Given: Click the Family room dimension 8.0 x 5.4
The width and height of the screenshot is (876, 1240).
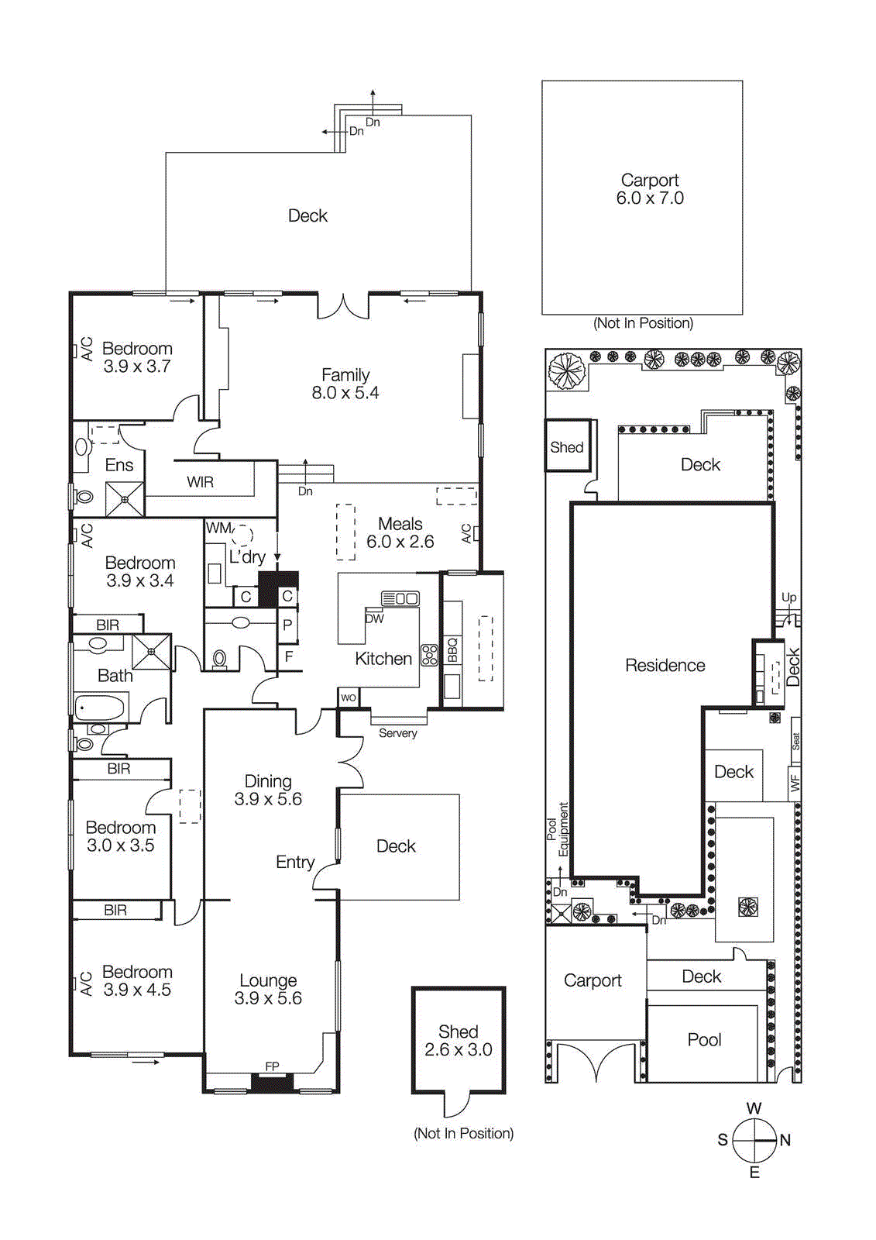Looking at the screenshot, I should coord(345,393).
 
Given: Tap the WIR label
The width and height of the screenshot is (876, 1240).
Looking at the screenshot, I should coord(200,482).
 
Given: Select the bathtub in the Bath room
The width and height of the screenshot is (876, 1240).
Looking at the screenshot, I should coord(100,708).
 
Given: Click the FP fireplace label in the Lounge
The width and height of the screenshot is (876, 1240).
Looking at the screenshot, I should coord(272,1066).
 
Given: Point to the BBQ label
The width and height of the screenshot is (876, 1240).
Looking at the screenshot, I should coord(452,649).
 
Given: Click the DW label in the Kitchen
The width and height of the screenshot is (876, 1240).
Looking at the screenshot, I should coord(374,618).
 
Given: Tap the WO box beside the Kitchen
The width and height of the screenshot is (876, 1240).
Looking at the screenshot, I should coord(349,697).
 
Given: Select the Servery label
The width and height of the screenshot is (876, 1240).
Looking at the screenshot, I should coord(397,733).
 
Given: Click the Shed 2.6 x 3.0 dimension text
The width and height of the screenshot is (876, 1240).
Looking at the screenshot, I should coord(458,1050).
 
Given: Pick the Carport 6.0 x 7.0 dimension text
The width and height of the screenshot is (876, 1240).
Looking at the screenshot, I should coord(650,198).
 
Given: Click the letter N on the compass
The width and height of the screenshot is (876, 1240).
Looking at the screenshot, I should coord(785,1140).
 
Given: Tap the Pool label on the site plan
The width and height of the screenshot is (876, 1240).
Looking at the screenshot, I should coord(704,1040).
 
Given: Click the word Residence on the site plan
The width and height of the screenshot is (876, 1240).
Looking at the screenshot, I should coord(665,665).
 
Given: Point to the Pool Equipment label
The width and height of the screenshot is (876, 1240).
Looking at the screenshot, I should coord(558,829).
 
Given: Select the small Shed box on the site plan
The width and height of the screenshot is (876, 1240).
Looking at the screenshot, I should coord(568,446).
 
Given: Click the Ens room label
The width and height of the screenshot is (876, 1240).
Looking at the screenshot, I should coord(119,465).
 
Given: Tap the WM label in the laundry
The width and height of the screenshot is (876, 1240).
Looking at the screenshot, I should coord(218,528).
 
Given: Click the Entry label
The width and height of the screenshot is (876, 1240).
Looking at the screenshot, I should coord(295,862).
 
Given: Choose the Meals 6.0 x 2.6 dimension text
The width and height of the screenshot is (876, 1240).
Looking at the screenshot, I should coord(400,542).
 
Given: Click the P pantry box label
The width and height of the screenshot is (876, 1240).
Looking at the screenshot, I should coord(287,625).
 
